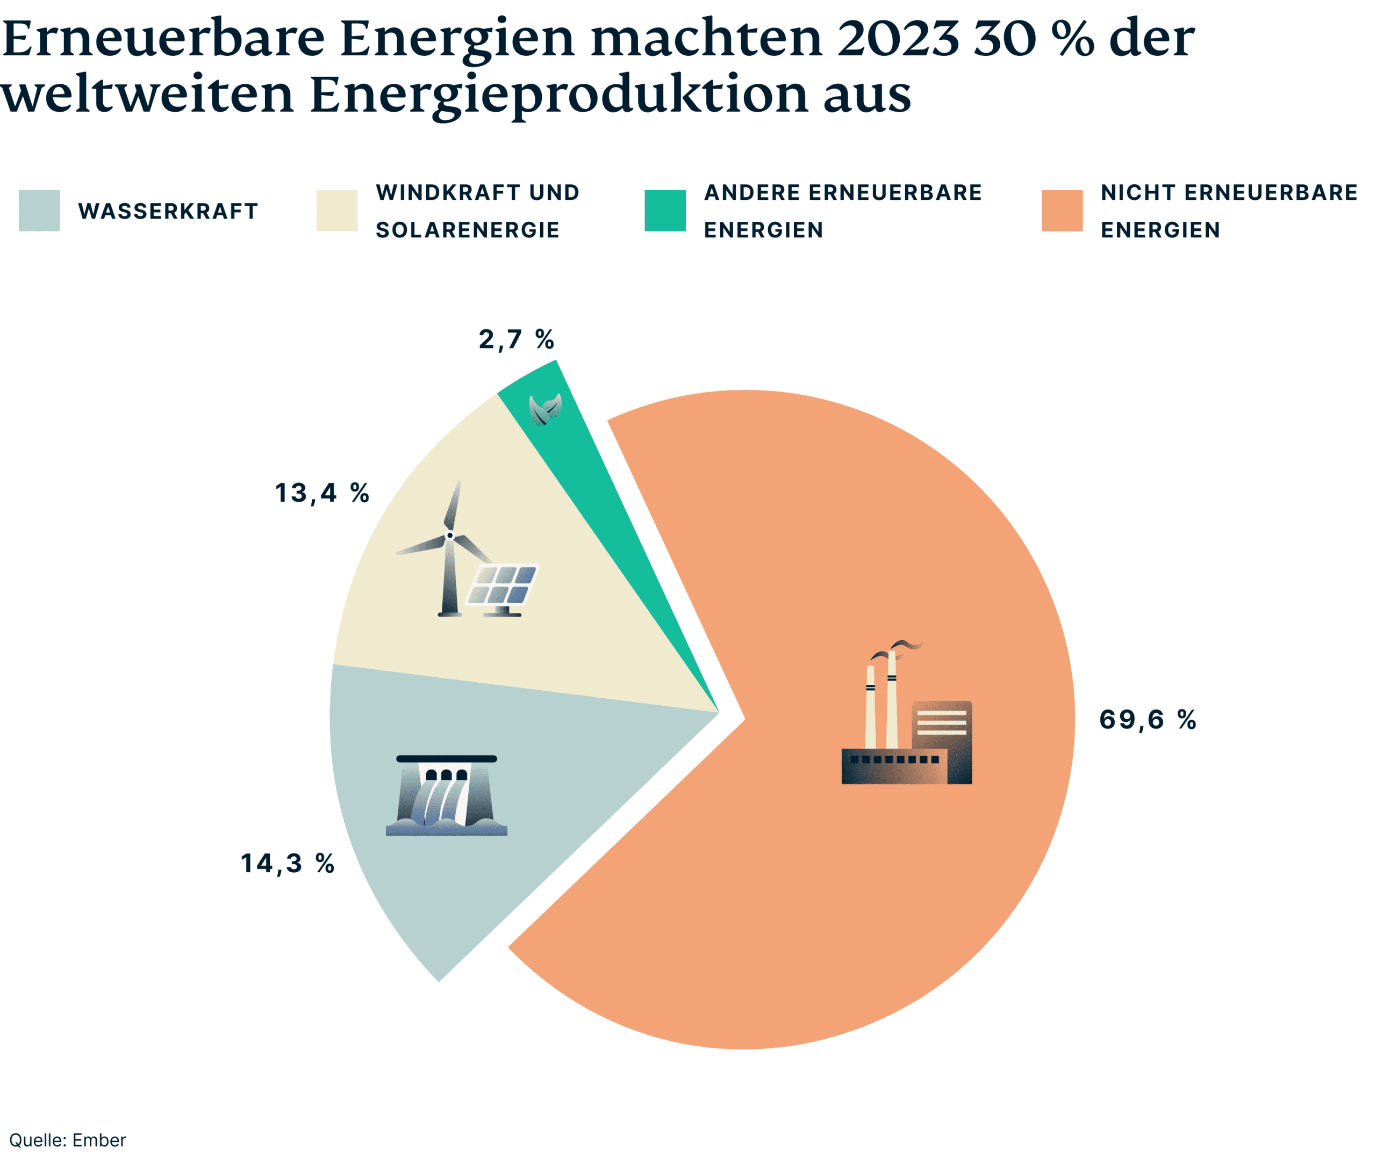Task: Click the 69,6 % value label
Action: (1147, 720)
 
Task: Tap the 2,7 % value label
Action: (516, 340)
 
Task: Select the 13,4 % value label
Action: (322, 493)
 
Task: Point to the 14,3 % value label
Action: (288, 864)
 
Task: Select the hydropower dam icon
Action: (447, 797)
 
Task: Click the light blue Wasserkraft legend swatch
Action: (39, 211)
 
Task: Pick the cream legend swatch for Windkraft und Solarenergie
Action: (337, 211)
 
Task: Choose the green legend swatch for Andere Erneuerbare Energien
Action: (665, 211)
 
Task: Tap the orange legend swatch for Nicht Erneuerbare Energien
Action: (1062, 211)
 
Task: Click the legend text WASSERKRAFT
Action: (168, 212)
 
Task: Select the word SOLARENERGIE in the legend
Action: (468, 230)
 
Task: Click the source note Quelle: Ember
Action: (68, 1140)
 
